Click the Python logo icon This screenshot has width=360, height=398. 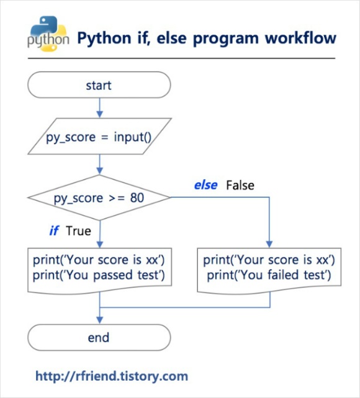click(48, 33)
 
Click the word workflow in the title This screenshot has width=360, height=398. click(300, 38)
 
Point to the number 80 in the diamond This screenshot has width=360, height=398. click(137, 198)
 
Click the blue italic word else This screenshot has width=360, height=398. click(206, 185)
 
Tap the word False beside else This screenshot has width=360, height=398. click(240, 185)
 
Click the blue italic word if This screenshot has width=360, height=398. click(54, 231)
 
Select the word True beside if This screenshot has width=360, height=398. click(78, 231)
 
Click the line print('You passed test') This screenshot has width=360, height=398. click(99, 275)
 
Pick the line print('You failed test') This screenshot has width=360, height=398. click(269, 275)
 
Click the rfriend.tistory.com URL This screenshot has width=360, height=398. click(112, 376)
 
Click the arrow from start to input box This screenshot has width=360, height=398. click(100, 108)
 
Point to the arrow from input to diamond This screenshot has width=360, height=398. click(100, 164)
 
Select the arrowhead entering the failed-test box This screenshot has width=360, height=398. click(269, 244)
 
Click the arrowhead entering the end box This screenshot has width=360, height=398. click(100, 321)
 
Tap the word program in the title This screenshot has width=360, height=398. click(226, 38)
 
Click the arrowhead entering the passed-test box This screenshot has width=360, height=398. click(100, 244)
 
